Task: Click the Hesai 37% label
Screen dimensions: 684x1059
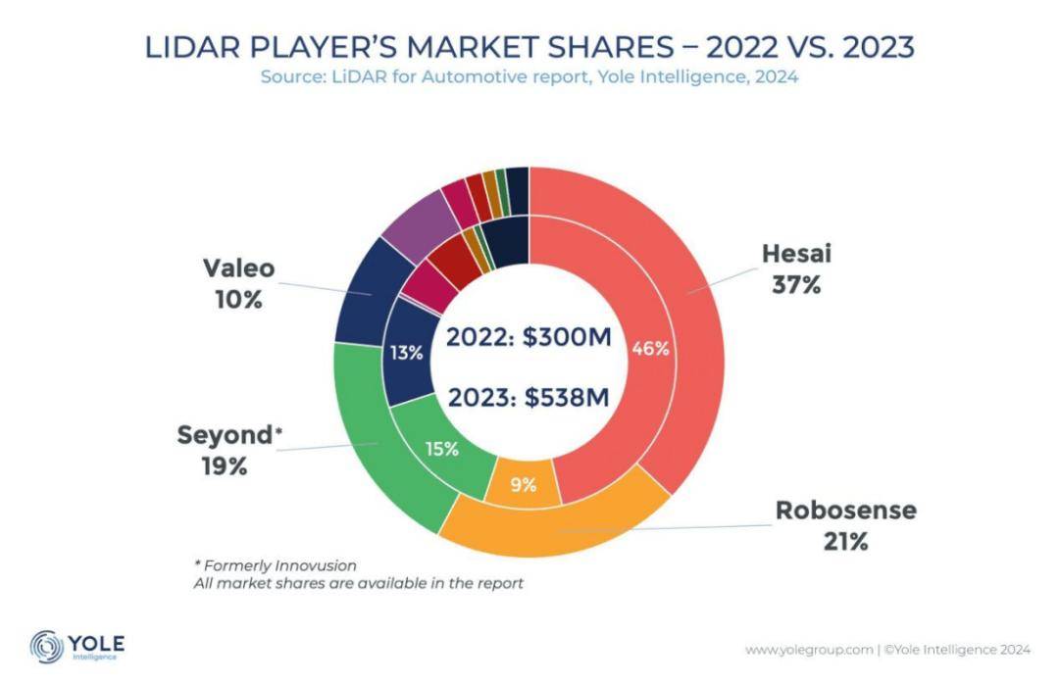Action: (796, 269)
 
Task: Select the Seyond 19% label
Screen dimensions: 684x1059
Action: (224, 450)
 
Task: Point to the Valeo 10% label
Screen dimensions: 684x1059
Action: (238, 283)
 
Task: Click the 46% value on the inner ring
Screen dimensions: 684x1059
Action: (650, 348)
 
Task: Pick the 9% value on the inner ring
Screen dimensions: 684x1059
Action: (524, 484)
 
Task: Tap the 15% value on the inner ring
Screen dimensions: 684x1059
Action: (441, 449)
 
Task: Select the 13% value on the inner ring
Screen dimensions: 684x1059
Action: (405, 353)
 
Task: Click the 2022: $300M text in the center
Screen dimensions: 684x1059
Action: (529, 338)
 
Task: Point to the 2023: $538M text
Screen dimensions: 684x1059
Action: (529, 398)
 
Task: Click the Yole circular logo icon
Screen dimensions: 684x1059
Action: (47, 647)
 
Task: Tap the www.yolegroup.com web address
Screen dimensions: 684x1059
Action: (809, 649)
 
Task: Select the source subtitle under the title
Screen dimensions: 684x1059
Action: (529, 77)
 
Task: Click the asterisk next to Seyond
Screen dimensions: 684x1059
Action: (278, 431)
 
